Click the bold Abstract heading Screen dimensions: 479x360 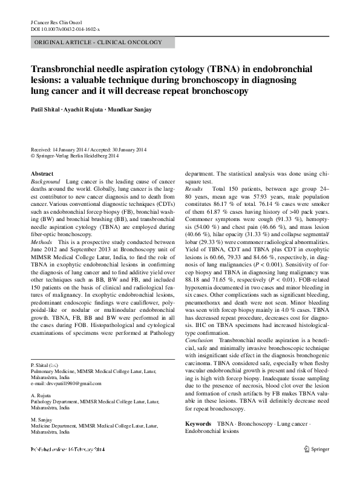[x=42, y=174]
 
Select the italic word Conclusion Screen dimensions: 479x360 [x=198, y=341]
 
